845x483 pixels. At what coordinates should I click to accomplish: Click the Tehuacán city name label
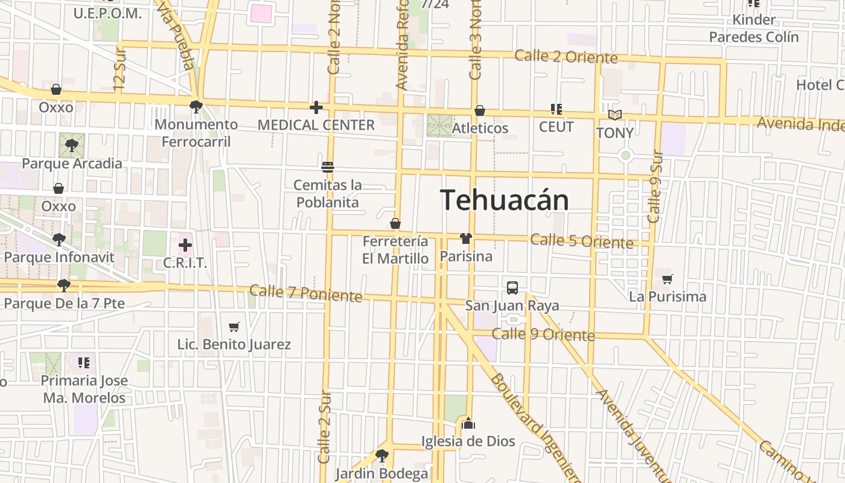tap(505, 200)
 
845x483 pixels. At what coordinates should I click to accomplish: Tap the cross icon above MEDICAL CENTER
tap(316, 108)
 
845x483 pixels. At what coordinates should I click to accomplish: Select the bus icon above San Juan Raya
tap(512, 287)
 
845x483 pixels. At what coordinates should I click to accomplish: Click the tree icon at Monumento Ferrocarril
tap(196, 107)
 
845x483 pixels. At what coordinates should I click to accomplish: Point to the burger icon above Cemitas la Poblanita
tap(328, 167)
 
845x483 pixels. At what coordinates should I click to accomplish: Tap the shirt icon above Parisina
tap(465, 238)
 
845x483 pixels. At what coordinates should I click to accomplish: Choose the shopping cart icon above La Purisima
tap(667, 279)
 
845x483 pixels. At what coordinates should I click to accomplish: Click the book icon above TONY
tap(615, 115)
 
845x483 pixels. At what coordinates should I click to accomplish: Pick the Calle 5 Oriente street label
tap(582, 241)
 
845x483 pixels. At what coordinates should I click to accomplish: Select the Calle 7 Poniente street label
tap(305, 293)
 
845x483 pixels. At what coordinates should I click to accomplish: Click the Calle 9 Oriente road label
tap(543, 334)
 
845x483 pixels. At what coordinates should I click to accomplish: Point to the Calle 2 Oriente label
tap(566, 57)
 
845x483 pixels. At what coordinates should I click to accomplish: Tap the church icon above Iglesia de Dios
tap(468, 423)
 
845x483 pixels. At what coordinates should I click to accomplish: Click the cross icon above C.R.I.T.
tap(185, 245)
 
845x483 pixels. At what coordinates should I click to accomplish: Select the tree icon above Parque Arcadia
tap(72, 146)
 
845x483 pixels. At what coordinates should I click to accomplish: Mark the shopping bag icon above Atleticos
tap(480, 110)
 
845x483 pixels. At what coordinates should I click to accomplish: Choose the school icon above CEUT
tap(556, 109)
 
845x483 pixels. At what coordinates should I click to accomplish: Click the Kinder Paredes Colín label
tap(753, 28)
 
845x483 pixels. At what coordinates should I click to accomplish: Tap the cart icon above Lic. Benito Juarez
tap(234, 327)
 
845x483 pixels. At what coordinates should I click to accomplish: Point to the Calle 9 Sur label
tap(655, 187)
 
